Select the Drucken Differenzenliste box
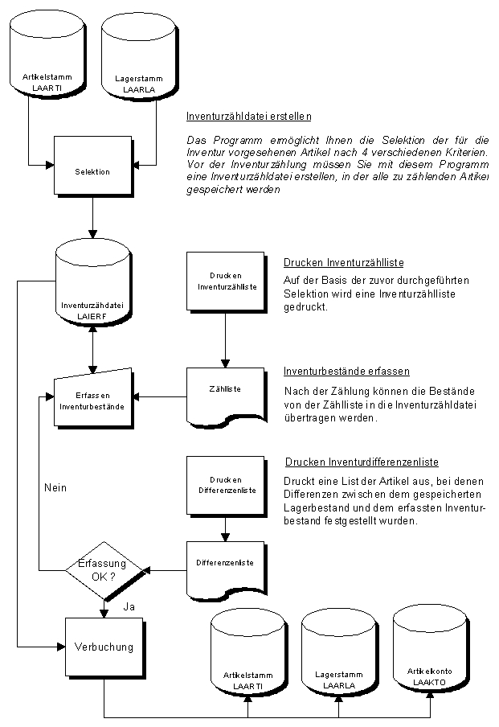pyautogui.click(x=226, y=485)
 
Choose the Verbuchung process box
pyautogui.click(x=103, y=646)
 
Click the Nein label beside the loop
pyautogui.click(x=55, y=488)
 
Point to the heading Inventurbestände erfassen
pyautogui.click(x=347, y=372)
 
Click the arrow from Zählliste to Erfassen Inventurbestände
pyautogui.click(x=161, y=396)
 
